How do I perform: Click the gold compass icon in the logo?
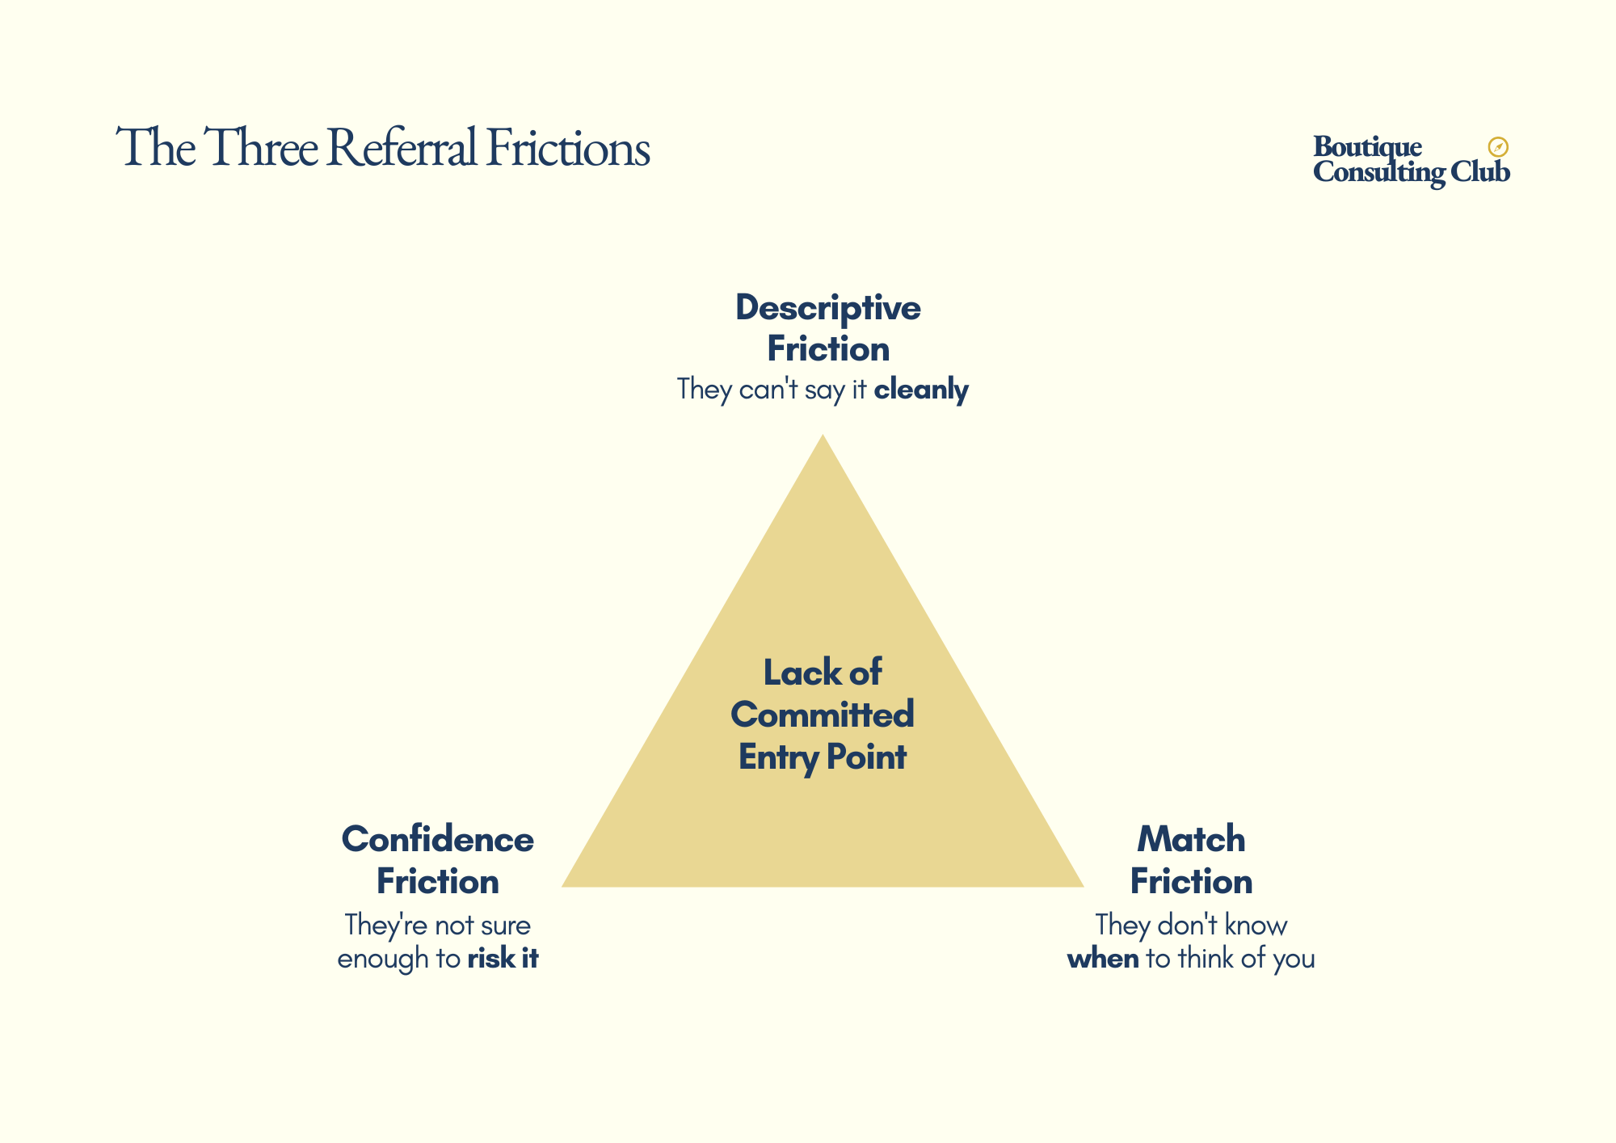[x=1498, y=147]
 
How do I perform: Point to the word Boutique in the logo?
[x=1367, y=146]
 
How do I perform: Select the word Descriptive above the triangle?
[x=827, y=308]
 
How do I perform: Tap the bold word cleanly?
[x=921, y=390]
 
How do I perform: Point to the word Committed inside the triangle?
[x=823, y=715]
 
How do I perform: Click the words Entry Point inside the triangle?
[x=823, y=757]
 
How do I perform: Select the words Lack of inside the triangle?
[x=823, y=673]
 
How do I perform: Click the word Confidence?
[x=437, y=839]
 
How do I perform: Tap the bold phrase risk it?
[x=503, y=959]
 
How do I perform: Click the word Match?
[x=1191, y=839]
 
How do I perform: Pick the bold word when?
[x=1103, y=959]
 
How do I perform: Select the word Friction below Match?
[x=1191, y=881]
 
